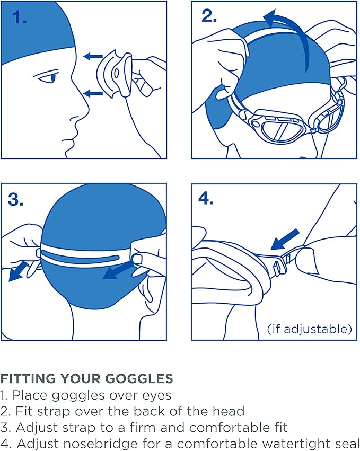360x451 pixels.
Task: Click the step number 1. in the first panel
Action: click(19, 17)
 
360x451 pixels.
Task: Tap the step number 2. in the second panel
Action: click(209, 16)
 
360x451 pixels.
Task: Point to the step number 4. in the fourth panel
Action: click(206, 199)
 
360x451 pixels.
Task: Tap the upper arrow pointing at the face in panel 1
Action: click(93, 55)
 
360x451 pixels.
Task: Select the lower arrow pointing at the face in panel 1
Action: click(93, 94)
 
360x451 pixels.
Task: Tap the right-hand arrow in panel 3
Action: click(119, 269)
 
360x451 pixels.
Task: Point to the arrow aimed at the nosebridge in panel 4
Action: click(284, 239)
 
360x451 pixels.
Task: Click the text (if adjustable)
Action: click(310, 329)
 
